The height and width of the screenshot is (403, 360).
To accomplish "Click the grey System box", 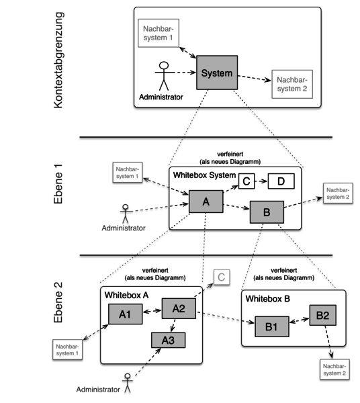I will (218, 73).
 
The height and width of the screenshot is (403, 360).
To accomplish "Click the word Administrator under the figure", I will (161, 97).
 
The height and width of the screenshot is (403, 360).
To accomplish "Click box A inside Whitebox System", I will (206, 201).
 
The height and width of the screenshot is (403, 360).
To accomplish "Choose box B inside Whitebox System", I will (267, 213).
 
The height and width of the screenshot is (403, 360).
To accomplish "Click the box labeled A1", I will (125, 314).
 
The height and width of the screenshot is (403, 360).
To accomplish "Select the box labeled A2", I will (179, 308).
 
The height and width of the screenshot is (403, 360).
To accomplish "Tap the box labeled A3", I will (168, 341).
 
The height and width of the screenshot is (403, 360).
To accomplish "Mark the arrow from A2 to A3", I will (174, 325).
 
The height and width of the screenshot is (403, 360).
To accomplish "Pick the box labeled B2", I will (322, 315).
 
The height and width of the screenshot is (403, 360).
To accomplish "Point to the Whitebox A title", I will (126, 296).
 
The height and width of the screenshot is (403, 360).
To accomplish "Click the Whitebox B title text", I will (268, 298).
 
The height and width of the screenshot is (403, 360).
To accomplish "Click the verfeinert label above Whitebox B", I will (284, 273).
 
